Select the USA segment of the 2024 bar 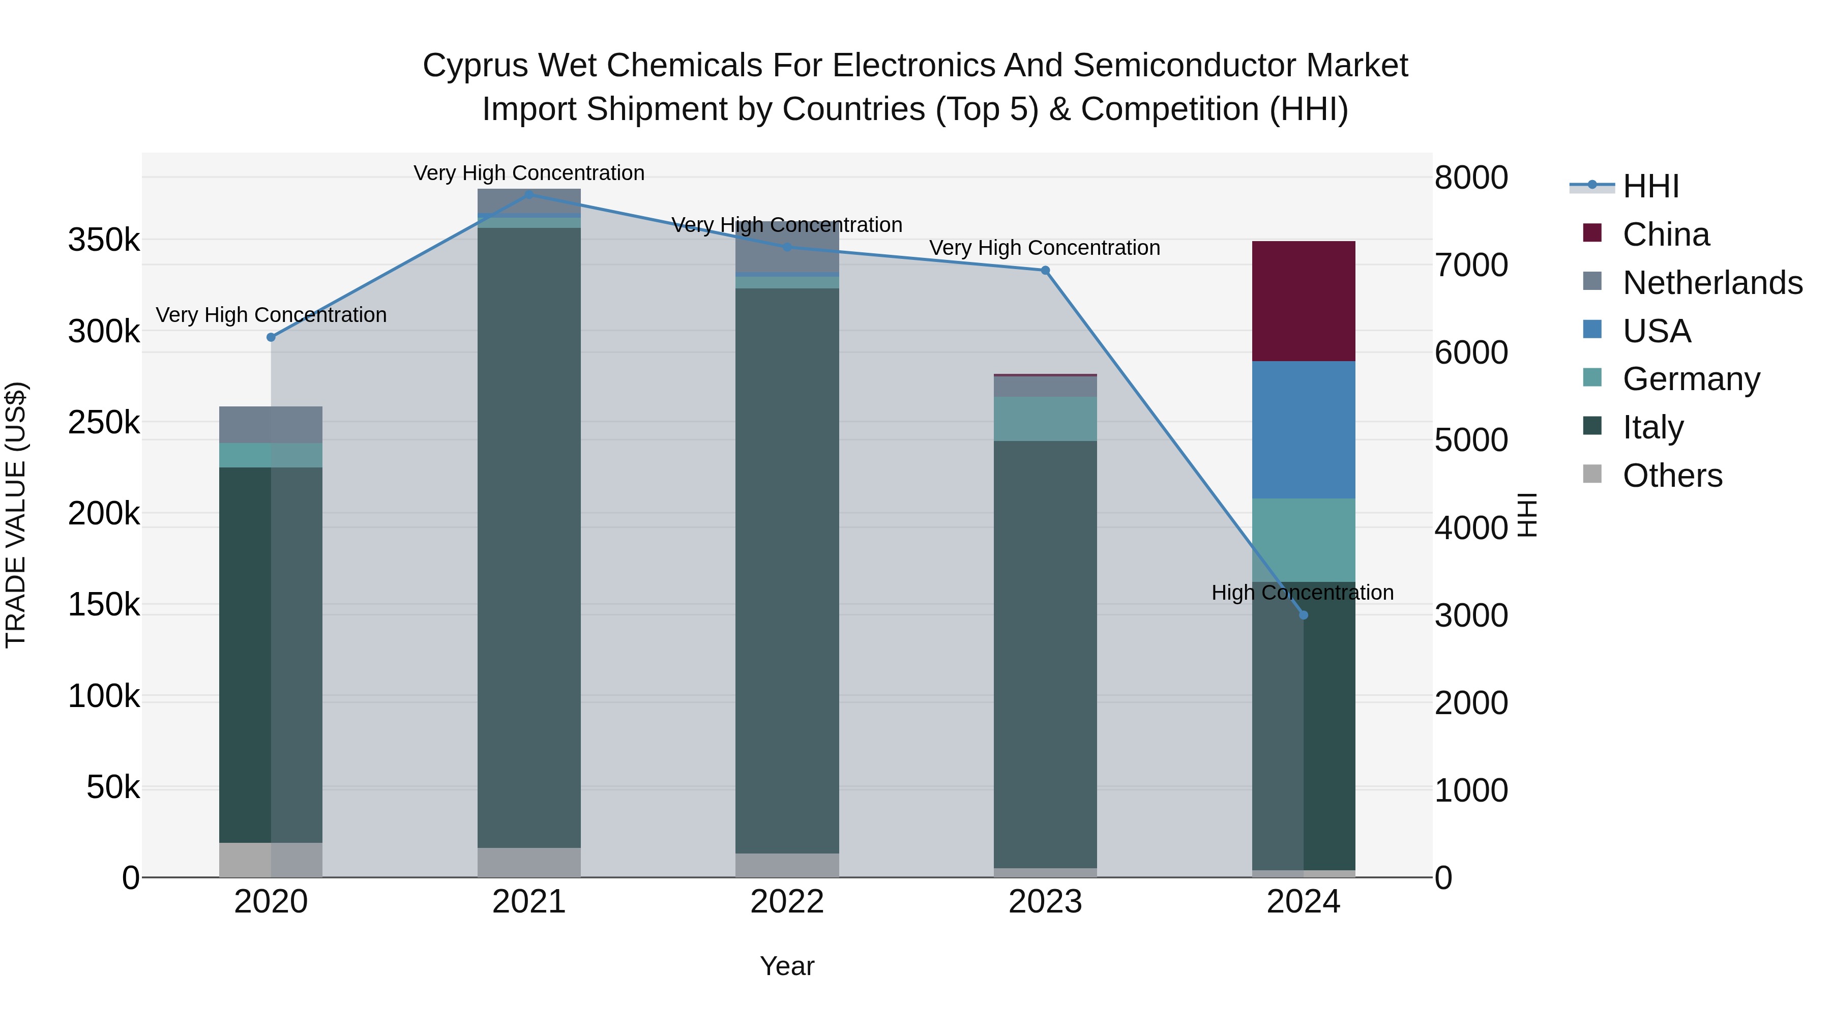click(x=1303, y=429)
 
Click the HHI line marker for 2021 click(x=529, y=194)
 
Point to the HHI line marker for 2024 click(x=1303, y=615)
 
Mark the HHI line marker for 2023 click(x=1045, y=270)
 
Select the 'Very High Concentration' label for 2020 click(x=271, y=314)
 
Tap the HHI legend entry click(x=1650, y=186)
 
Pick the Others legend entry click(x=1672, y=475)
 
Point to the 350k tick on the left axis click(x=104, y=240)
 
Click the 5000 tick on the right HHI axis click(x=1470, y=440)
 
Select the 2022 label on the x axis click(x=787, y=902)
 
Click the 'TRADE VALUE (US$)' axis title click(x=16, y=515)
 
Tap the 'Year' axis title click(x=787, y=966)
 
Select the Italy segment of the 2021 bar click(x=529, y=537)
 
